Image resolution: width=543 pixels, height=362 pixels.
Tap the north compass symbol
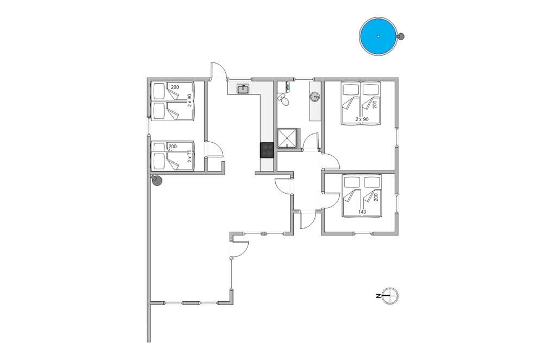(390, 296)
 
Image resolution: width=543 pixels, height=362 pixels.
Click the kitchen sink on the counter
(243, 88)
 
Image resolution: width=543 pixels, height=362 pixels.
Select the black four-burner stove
(267, 150)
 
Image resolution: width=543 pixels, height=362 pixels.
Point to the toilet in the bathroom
(283, 100)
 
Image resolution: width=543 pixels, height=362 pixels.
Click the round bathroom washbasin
(315, 97)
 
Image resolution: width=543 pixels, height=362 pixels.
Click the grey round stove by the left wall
(156, 181)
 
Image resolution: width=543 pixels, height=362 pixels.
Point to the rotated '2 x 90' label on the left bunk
(190, 100)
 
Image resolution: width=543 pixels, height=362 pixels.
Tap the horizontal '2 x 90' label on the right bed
(362, 119)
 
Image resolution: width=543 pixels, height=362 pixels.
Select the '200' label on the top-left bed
(175, 87)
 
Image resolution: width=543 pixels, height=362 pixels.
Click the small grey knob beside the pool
(402, 36)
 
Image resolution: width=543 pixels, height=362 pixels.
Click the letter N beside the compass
(377, 296)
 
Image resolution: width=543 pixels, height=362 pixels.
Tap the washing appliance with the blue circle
(283, 86)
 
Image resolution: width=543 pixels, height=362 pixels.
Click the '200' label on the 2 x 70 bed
(173, 147)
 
